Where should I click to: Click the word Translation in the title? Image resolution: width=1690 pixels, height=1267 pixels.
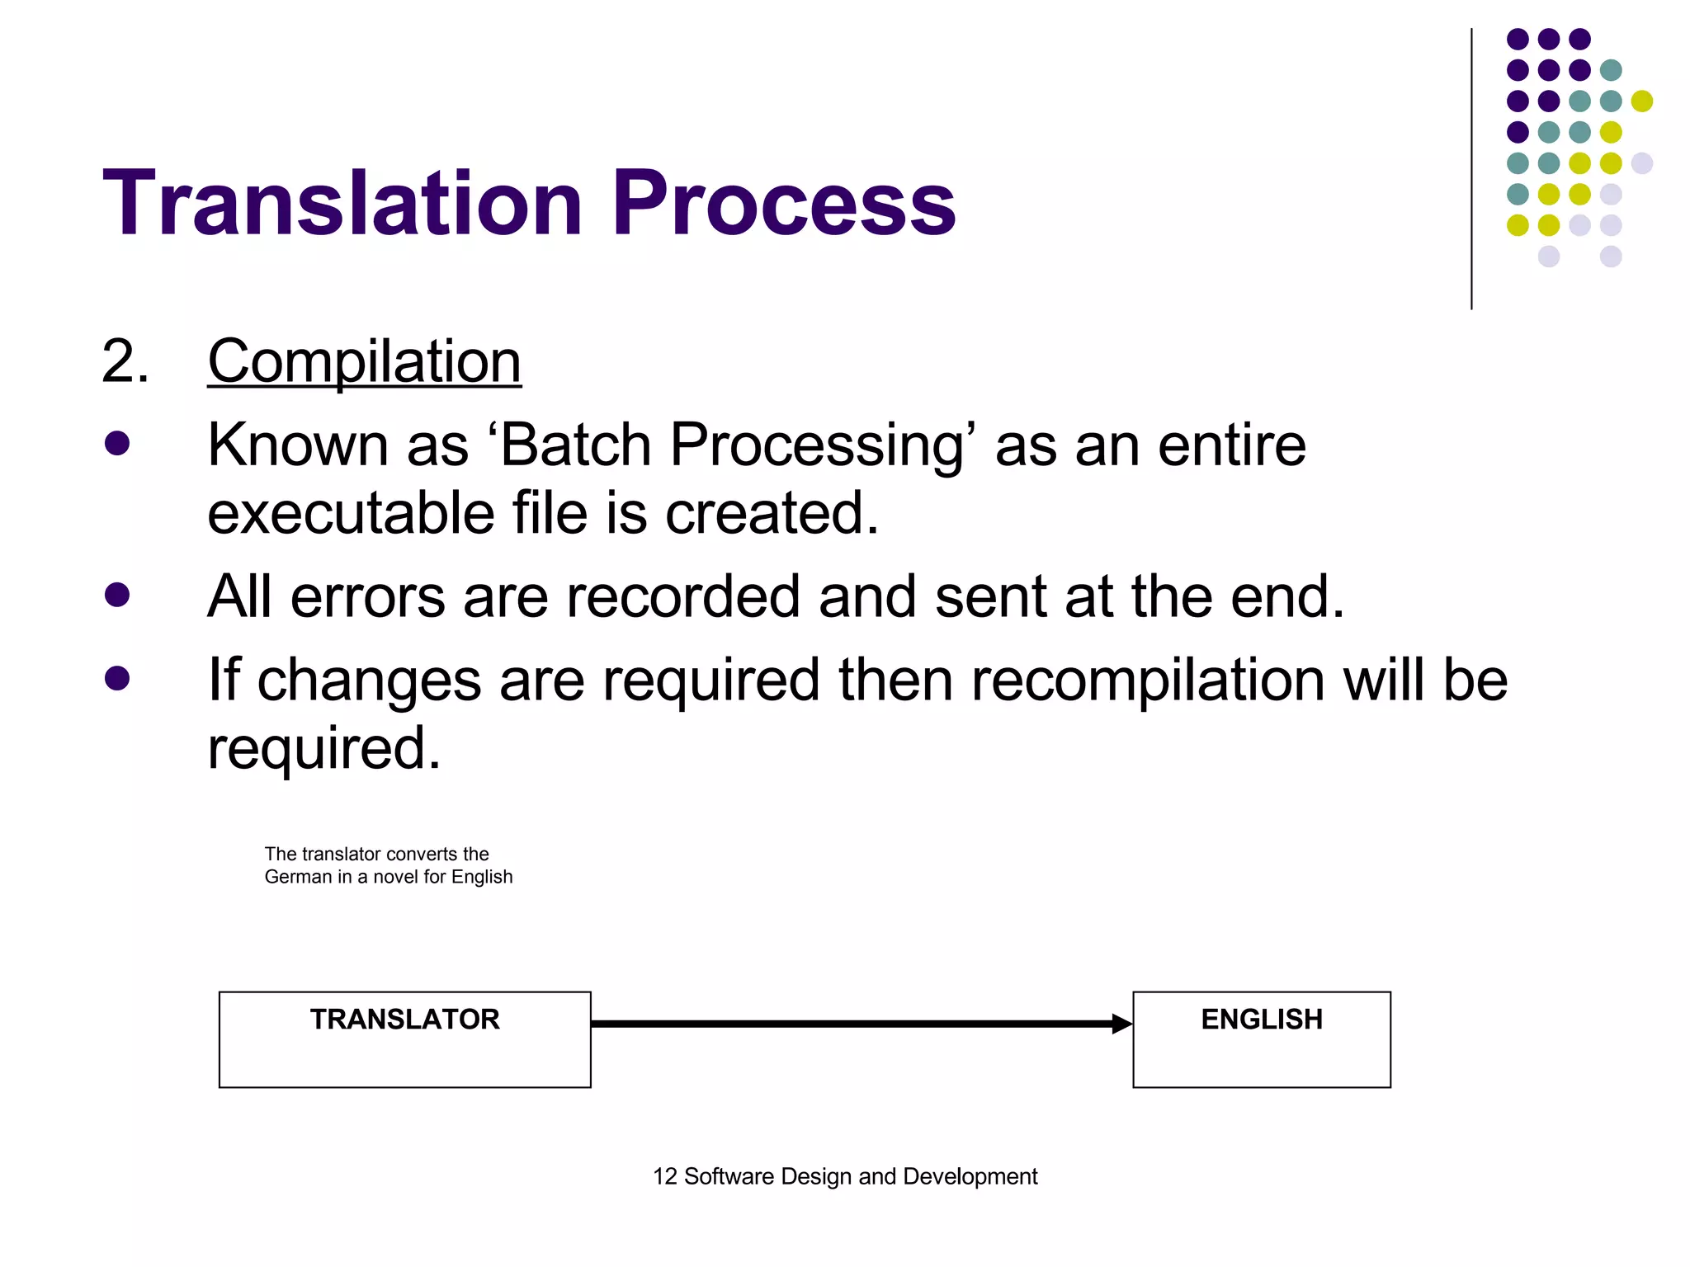point(342,203)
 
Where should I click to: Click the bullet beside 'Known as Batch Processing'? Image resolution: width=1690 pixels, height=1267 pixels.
point(117,444)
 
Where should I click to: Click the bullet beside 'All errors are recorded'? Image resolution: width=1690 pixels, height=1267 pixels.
point(117,595)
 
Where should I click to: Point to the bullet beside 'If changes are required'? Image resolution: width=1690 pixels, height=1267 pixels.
point(117,678)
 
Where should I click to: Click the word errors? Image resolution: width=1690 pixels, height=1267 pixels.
point(367,596)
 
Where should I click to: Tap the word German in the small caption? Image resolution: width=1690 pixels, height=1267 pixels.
point(298,877)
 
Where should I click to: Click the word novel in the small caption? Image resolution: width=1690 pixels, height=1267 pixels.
point(395,877)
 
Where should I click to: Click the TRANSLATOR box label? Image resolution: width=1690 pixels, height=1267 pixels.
point(404,1020)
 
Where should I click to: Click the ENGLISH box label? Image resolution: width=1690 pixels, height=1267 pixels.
point(1261,1020)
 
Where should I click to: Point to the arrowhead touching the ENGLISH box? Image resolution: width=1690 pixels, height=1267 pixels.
point(1122,1024)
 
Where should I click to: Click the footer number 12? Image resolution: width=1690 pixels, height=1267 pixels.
point(664,1176)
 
